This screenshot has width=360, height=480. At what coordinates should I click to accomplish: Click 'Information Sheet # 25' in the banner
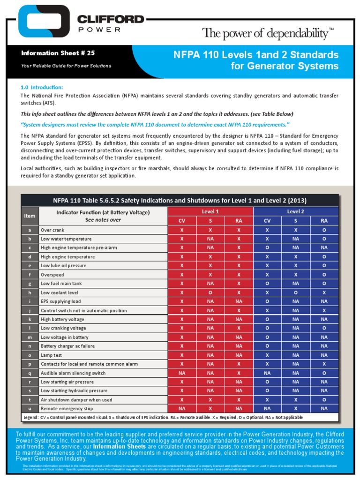click(x=58, y=53)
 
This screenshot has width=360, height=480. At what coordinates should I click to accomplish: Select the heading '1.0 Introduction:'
click(x=42, y=88)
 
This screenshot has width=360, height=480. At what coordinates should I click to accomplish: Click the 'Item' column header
click(x=30, y=216)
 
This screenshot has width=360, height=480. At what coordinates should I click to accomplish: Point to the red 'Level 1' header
click(x=210, y=212)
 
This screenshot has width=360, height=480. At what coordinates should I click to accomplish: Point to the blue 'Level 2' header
click(x=295, y=212)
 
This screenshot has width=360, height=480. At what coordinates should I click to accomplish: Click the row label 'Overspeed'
click(x=52, y=275)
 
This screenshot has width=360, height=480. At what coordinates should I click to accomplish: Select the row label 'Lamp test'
click(x=52, y=355)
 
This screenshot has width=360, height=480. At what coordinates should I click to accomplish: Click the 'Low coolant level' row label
click(x=60, y=292)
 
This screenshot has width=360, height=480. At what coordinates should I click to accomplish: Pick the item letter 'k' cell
click(x=30, y=319)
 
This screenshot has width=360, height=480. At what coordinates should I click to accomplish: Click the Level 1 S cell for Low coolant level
click(x=210, y=292)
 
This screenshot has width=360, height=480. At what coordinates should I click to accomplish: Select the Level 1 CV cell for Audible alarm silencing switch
click(x=181, y=373)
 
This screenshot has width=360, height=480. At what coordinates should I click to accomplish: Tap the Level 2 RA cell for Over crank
click(x=324, y=230)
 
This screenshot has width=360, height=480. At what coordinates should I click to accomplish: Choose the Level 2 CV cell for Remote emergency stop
click(x=267, y=409)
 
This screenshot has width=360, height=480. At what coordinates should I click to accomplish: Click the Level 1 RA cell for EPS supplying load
click(x=239, y=301)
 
